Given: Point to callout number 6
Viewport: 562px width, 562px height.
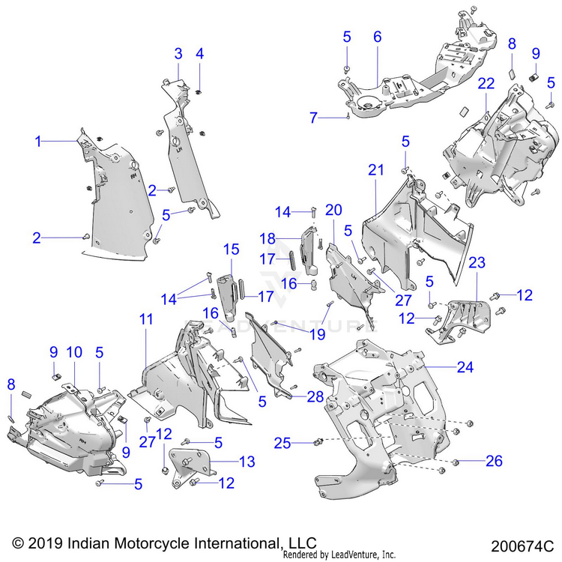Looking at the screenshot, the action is tap(377, 36).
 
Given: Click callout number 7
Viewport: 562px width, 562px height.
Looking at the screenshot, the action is tap(314, 117).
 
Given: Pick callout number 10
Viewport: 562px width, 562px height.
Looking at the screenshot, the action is tap(75, 352).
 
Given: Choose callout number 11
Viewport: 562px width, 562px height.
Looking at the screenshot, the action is tap(146, 319).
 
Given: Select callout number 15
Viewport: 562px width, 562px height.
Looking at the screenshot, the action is tap(230, 248).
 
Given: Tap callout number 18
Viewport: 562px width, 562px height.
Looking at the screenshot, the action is tap(268, 238).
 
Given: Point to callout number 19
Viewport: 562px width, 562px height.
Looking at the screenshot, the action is tap(318, 334).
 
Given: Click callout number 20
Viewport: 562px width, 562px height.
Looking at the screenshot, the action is tap(333, 209).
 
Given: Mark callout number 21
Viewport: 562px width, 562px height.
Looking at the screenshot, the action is tap(375, 171).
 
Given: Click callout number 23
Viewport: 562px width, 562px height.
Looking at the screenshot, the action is tap(477, 263).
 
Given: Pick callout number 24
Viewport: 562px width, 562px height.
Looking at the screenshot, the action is tap(465, 368).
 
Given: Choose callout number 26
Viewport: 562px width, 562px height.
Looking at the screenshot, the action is tap(494, 461).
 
